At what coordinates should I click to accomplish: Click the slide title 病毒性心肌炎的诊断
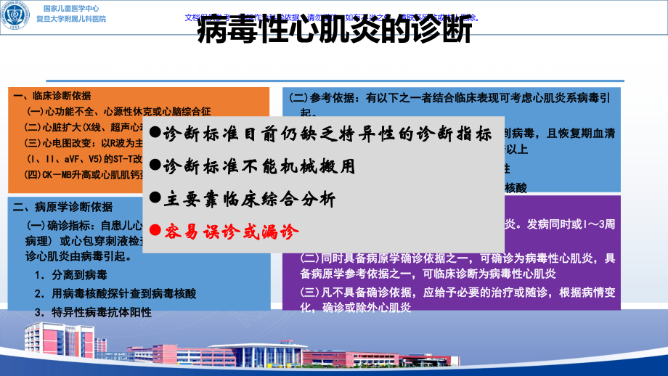click(335, 32)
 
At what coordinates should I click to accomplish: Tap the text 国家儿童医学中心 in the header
click(75, 8)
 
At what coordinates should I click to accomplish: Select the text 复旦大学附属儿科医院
click(75, 19)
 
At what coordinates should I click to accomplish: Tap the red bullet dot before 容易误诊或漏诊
click(154, 232)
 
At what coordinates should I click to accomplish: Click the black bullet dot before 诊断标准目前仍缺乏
click(154, 134)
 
